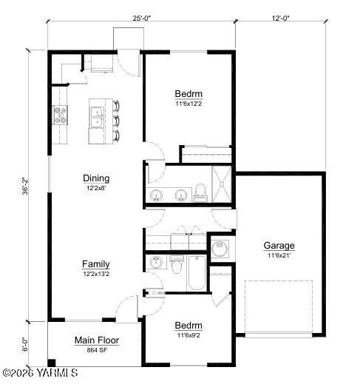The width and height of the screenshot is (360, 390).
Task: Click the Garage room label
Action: click(279, 246)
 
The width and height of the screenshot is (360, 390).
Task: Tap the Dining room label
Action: click(96, 178)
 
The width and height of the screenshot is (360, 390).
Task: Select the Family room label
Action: click(96, 263)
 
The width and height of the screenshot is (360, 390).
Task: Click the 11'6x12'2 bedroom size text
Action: click(189, 104)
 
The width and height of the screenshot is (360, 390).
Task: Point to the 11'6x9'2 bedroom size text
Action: click(189, 335)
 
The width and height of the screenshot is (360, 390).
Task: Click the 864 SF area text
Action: click(97, 350)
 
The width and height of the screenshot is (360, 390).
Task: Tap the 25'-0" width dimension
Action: click(142, 19)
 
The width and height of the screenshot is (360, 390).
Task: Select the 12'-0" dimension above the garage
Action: click(281, 19)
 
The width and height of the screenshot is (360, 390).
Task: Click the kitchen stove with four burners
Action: click(60, 115)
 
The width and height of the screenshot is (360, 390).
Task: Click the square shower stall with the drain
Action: click(221, 182)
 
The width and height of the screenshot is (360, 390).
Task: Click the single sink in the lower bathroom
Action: click(156, 263)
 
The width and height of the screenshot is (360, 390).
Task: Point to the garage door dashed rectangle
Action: click(279, 307)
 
